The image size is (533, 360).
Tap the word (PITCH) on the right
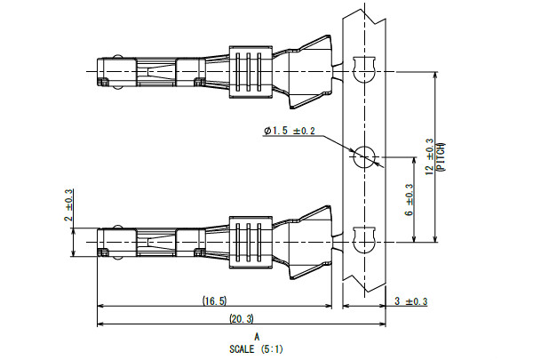[442, 157]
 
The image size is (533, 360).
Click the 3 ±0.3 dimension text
[410, 303]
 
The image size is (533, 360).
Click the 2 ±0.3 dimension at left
[69, 207]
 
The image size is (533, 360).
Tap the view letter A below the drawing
[257, 337]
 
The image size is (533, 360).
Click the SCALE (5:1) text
[257, 348]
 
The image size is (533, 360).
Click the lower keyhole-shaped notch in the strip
[363, 240]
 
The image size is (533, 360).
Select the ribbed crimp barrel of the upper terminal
[249, 69]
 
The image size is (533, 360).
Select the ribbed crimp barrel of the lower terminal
[249, 240]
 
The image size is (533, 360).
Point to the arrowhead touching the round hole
[378, 164]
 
